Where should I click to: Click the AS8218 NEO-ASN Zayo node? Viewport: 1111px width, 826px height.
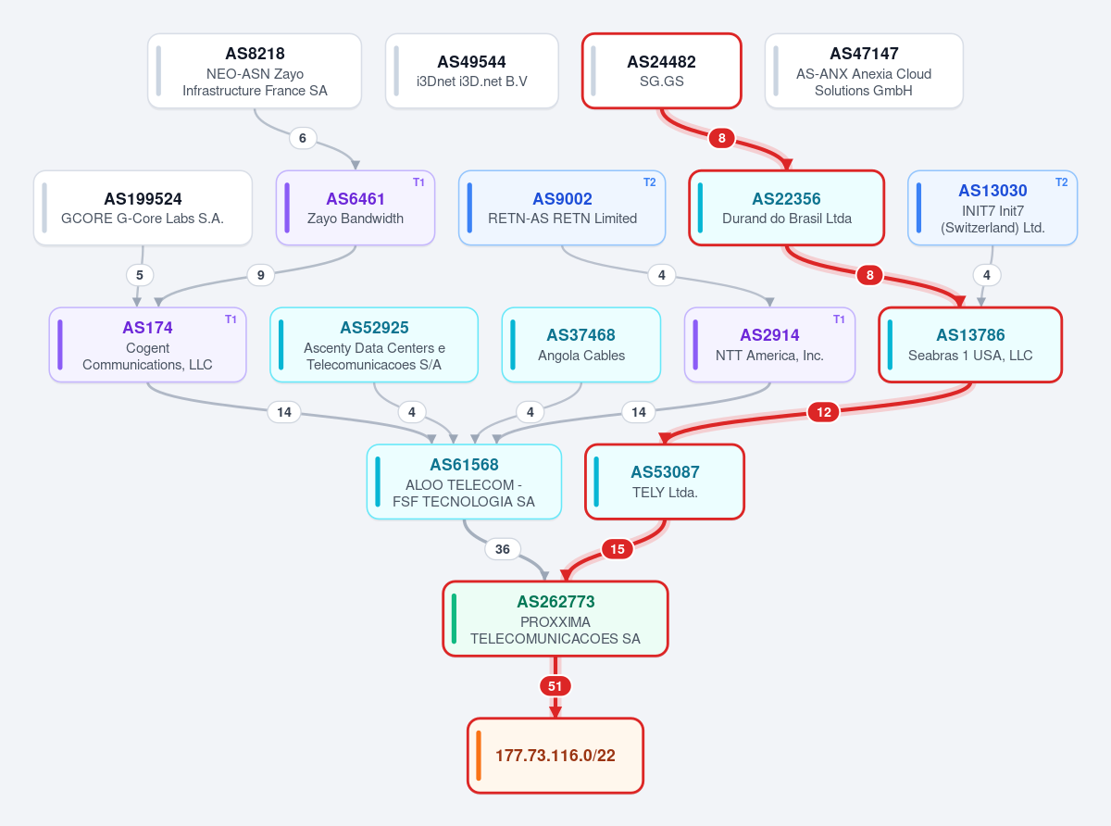(x=255, y=70)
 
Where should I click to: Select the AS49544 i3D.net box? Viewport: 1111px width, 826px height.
(x=472, y=70)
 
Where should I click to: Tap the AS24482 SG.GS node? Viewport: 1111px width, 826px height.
(x=661, y=70)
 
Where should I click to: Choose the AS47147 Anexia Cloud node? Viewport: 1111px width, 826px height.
(x=864, y=70)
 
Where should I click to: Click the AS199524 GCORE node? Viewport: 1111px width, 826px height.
(x=143, y=208)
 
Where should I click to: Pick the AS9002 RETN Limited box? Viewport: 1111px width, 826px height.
(x=562, y=208)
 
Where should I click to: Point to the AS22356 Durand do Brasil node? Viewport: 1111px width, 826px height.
(x=786, y=208)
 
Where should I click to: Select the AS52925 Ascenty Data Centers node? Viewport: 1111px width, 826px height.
(x=374, y=344)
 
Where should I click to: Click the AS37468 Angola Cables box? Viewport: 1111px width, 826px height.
(x=581, y=344)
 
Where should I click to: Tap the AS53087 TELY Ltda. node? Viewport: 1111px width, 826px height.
(x=665, y=482)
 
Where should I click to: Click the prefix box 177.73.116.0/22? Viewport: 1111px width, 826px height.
(x=555, y=756)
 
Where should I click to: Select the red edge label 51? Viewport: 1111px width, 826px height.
(x=555, y=686)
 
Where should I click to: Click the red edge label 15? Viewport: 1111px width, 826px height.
(x=618, y=549)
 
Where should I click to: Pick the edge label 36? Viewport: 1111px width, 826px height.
(x=503, y=549)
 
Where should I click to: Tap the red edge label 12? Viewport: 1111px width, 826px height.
(x=824, y=412)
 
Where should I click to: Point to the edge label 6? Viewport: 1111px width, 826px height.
(x=303, y=138)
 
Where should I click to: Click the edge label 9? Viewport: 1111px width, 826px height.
(x=261, y=275)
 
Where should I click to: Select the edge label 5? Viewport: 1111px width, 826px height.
(x=140, y=275)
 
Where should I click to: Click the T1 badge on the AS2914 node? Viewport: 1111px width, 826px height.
(x=839, y=319)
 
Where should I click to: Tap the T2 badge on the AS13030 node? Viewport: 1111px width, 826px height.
(x=1061, y=182)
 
